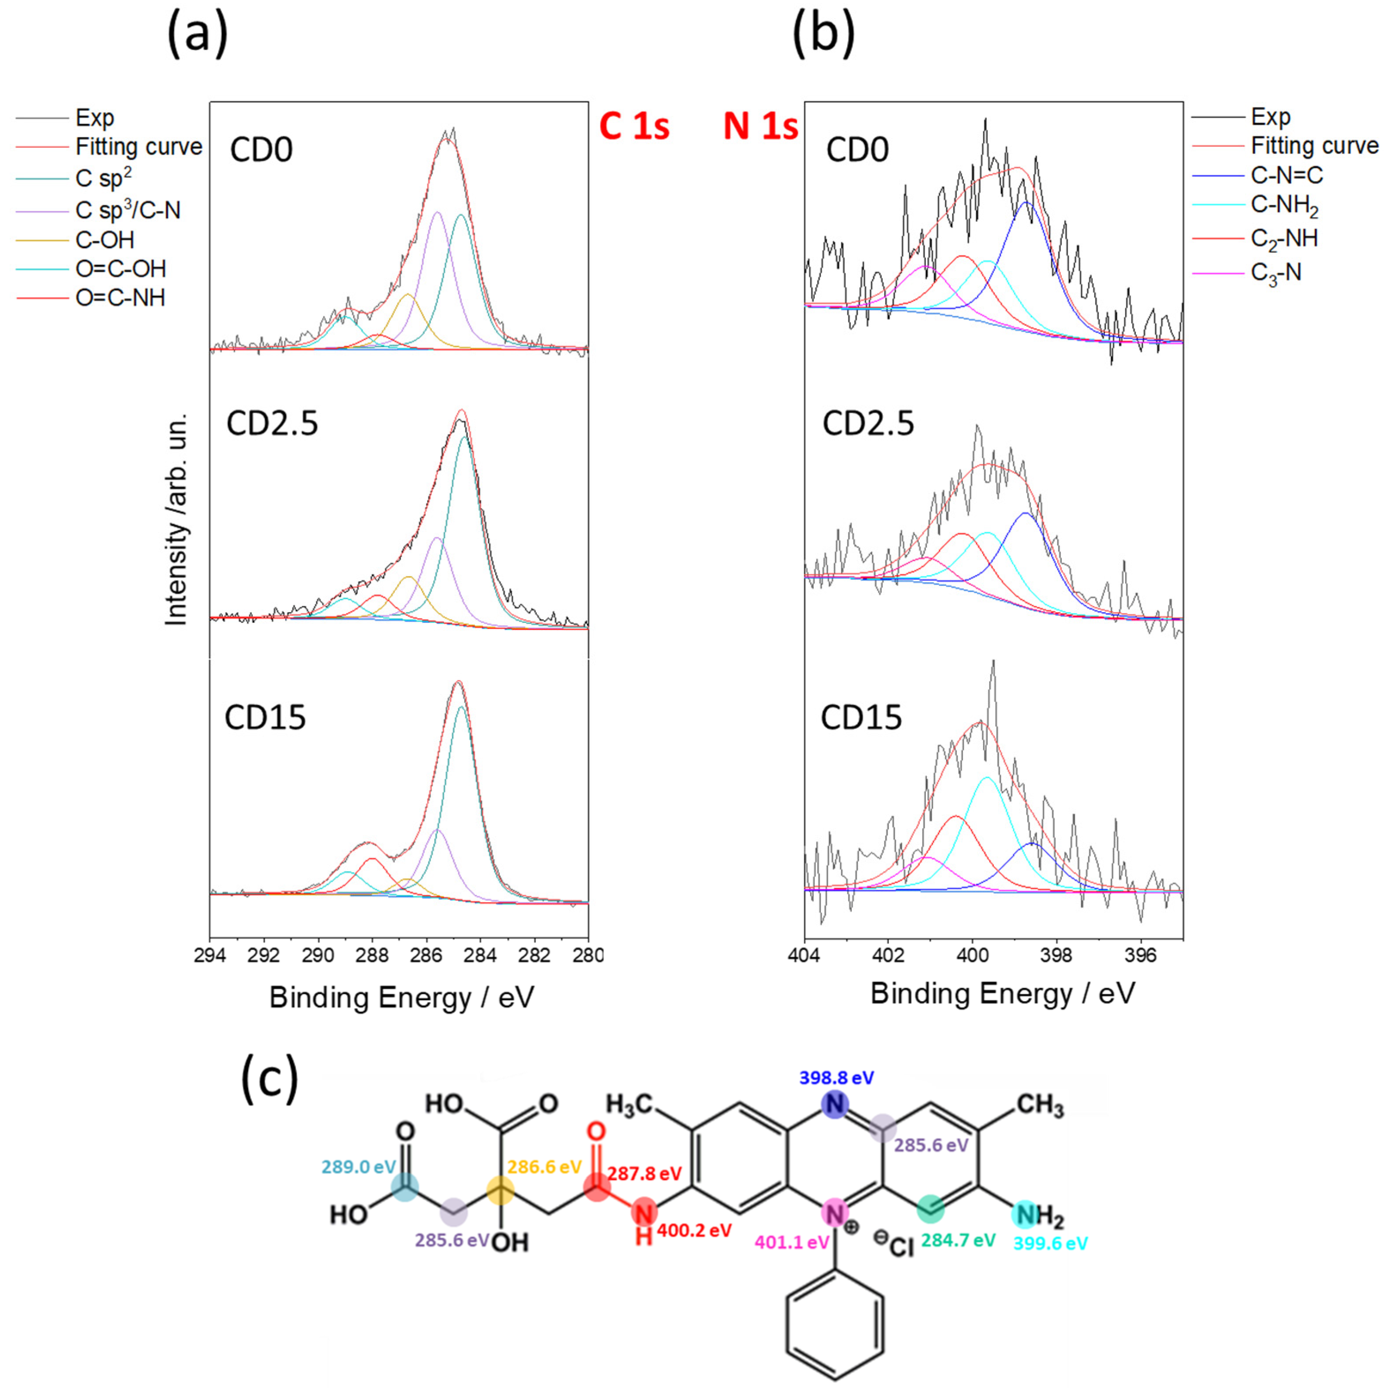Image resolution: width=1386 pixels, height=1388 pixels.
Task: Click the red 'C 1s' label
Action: [x=634, y=127]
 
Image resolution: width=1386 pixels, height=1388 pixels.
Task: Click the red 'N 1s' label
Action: [x=760, y=127]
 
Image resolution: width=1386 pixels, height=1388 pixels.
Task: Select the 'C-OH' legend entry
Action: [x=105, y=239]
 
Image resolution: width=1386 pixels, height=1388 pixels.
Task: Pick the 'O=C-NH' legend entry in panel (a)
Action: [x=120, y=297]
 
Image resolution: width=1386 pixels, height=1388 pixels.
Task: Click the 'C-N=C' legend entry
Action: [x=1286, y=175]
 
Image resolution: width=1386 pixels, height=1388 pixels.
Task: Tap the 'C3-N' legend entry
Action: [x=1275, y=273]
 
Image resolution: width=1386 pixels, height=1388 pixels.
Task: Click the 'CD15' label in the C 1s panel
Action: [x=265, y=718]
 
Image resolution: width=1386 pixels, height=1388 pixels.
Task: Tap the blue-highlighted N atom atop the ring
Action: [x=835, y=1104]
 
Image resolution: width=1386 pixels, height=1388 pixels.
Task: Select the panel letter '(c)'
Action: [x=270, y=1080]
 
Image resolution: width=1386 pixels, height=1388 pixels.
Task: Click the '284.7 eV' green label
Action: [x=958, y=1240]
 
